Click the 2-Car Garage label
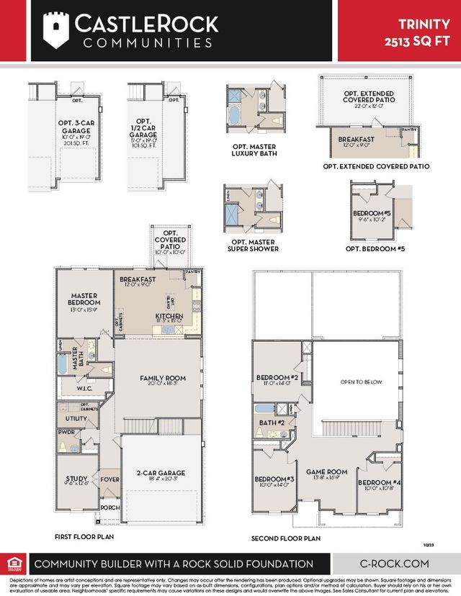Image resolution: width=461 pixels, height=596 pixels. click(161, 473)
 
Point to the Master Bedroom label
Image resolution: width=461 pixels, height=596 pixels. click(84, 299)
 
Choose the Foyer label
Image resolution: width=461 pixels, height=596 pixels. click(110, 478)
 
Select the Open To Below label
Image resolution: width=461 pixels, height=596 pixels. click(362, 381)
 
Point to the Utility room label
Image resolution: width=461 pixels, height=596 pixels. click(76, 418)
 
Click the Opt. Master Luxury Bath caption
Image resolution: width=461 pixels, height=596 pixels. click(249, 150)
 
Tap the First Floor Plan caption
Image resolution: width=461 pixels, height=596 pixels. click(84, 537)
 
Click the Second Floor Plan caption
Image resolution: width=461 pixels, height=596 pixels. click(285, 538)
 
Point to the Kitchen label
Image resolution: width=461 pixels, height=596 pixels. click(169, 316)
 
